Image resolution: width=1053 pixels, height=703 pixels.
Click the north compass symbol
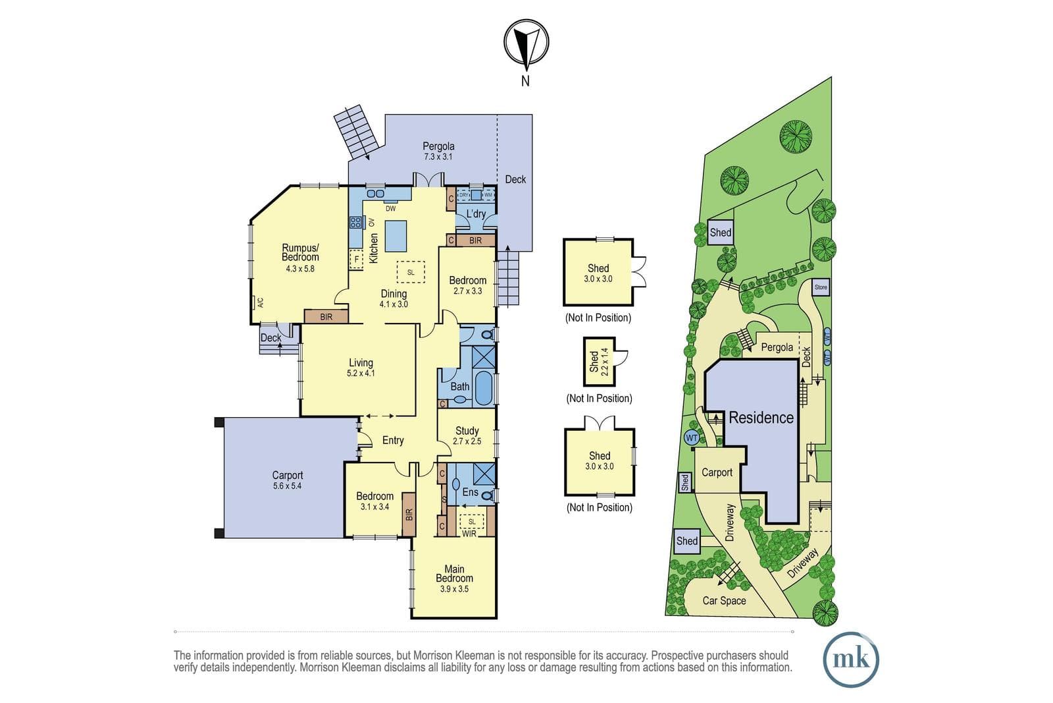(x=526, y=42)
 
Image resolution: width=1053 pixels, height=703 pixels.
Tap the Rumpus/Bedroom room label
(x=300, y=252)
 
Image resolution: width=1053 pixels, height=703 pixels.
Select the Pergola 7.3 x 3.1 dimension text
(x=438, y=157)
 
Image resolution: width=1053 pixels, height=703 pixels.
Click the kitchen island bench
(x=396, y=237)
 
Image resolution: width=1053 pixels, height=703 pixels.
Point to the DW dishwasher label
(x=391, y=208)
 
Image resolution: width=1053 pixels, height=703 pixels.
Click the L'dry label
(x=476, y=214)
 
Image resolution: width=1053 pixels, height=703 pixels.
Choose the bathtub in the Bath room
(x=483, y=388)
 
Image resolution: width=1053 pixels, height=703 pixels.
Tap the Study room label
(x=467, y=430)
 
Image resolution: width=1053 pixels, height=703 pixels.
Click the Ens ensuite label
(x=470, y=492)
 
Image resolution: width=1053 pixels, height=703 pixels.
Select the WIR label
(x=469, y=534)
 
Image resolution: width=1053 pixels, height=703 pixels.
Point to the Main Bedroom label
(x=454, y=574)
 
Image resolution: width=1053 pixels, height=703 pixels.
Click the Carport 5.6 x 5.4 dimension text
(x=287, y=486)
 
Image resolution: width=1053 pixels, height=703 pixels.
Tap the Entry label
(x=393, y=440)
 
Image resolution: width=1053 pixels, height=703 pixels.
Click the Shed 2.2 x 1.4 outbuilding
(x=600, y=361)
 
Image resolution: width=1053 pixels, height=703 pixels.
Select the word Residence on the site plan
(x=761, y=417)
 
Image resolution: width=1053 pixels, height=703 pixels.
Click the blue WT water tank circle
(x=692, y=438)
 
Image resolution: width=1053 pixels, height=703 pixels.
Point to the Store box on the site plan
(x=821, y=287)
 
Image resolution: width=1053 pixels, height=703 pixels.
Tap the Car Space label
(x=724, y=601)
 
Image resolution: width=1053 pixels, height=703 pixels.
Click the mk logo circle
(x=851, y=660)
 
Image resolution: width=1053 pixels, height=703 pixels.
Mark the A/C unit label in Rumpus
(x=260, y=302)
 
